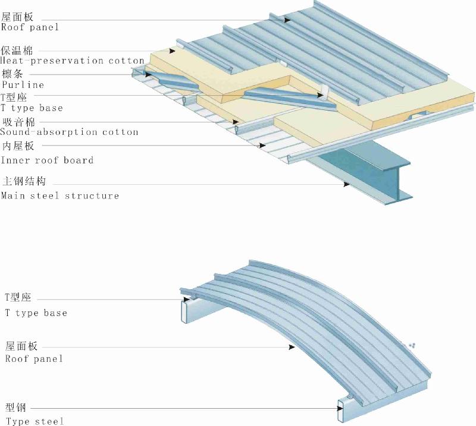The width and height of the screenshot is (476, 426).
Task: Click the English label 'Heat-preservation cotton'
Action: pos(73,61)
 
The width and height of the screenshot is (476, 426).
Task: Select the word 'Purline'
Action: pos(23,85)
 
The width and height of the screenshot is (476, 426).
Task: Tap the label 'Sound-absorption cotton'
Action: pos(70,132)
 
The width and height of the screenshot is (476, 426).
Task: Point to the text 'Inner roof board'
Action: pos(47,160)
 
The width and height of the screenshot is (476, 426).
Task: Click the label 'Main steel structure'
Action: pos(60,195)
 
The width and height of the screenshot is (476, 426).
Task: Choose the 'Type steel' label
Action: pos(35,421)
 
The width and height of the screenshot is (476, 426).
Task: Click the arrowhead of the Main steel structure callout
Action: pos(346,185)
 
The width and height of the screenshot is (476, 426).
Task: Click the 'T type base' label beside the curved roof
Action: pos(36,313)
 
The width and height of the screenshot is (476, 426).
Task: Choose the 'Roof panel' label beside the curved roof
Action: pos(34,358)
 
